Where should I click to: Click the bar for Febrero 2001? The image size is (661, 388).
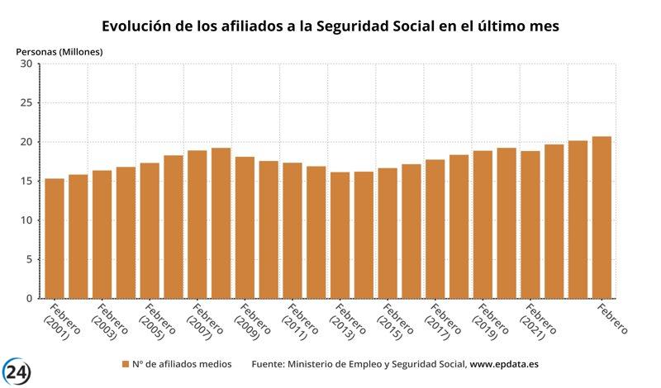[x=55, y=239]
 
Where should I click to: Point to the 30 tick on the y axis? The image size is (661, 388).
[x=26, y=64]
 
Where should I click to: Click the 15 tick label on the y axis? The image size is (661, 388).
[x=26, y=182]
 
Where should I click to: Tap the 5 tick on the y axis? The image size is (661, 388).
[x=29, y=259]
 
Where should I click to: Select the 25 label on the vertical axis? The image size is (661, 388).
[x=26, y=103]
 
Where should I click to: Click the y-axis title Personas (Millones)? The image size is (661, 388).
[x=59, y=51]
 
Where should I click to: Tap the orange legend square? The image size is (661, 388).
[x=126, y=364]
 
